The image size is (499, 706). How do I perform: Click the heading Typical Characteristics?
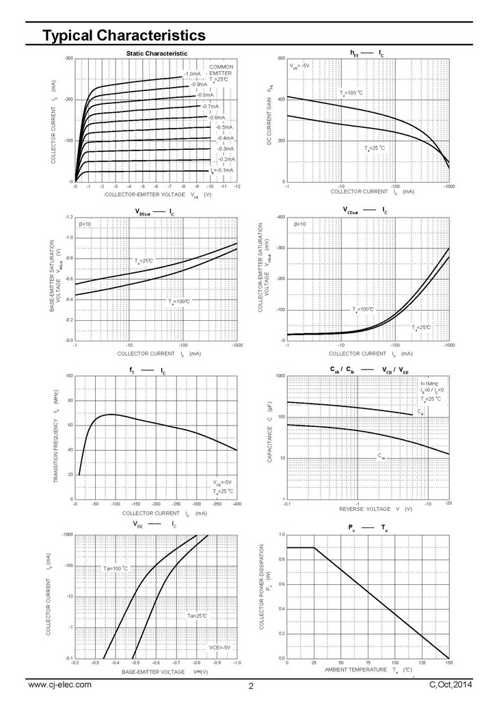click(124, 34)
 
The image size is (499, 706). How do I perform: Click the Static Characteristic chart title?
click(157, 53)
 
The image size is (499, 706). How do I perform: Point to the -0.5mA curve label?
click(223, 127)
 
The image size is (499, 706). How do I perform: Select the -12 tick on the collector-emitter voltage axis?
click(237, 187)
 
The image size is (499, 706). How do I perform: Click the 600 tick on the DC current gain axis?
click(281, 59)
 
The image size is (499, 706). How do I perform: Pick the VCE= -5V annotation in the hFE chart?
click(299, 66)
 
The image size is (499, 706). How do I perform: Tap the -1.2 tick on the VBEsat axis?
click(68, 217)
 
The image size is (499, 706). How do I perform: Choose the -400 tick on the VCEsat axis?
click(280, 217)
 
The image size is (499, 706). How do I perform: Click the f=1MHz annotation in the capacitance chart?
click(429, 384)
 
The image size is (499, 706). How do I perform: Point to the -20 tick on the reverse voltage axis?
click(448, 504)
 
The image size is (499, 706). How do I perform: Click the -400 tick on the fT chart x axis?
click(237, 504)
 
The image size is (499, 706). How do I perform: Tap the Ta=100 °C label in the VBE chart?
click(116, 568)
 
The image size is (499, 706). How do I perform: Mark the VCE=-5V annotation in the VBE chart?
click(219, 647)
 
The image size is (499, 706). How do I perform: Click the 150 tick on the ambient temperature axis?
click(448, 663)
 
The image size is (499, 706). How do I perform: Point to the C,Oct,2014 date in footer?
click(451, 684)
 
